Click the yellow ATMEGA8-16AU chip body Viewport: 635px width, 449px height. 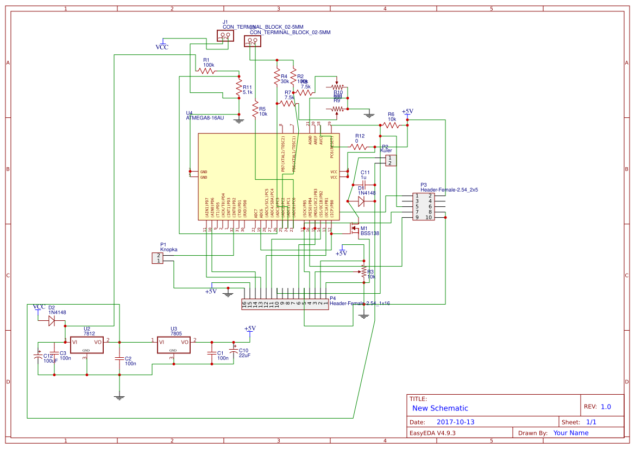(268, 176)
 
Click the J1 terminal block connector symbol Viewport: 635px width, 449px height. (225, 36)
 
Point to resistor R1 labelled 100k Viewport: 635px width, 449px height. (209, 71)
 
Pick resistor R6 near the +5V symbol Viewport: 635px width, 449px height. (391, 125)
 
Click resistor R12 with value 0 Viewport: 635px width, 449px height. (359, 147)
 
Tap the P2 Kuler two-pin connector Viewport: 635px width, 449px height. (391, 160)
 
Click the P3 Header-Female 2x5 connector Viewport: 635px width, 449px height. (423, 207)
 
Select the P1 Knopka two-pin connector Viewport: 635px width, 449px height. (157, 258)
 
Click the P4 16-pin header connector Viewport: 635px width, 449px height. (285, 305)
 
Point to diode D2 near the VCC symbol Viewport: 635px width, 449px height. (52, 321)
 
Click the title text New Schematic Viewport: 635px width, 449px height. (440, 408)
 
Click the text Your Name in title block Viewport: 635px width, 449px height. (570, 433)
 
